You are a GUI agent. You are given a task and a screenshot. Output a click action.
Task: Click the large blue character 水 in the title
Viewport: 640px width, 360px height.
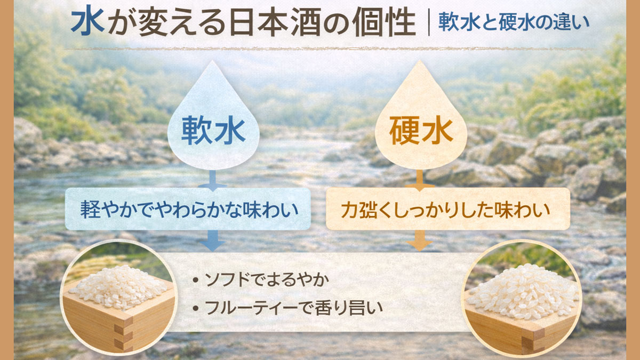coord(87,22)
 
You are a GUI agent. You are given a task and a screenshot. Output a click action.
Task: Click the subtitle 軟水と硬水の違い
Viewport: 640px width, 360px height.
coord(514,23)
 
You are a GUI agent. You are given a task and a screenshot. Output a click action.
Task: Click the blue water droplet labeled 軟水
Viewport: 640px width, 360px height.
coord(213,120)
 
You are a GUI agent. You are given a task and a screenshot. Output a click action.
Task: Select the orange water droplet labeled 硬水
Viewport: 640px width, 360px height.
coord(421,120)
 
